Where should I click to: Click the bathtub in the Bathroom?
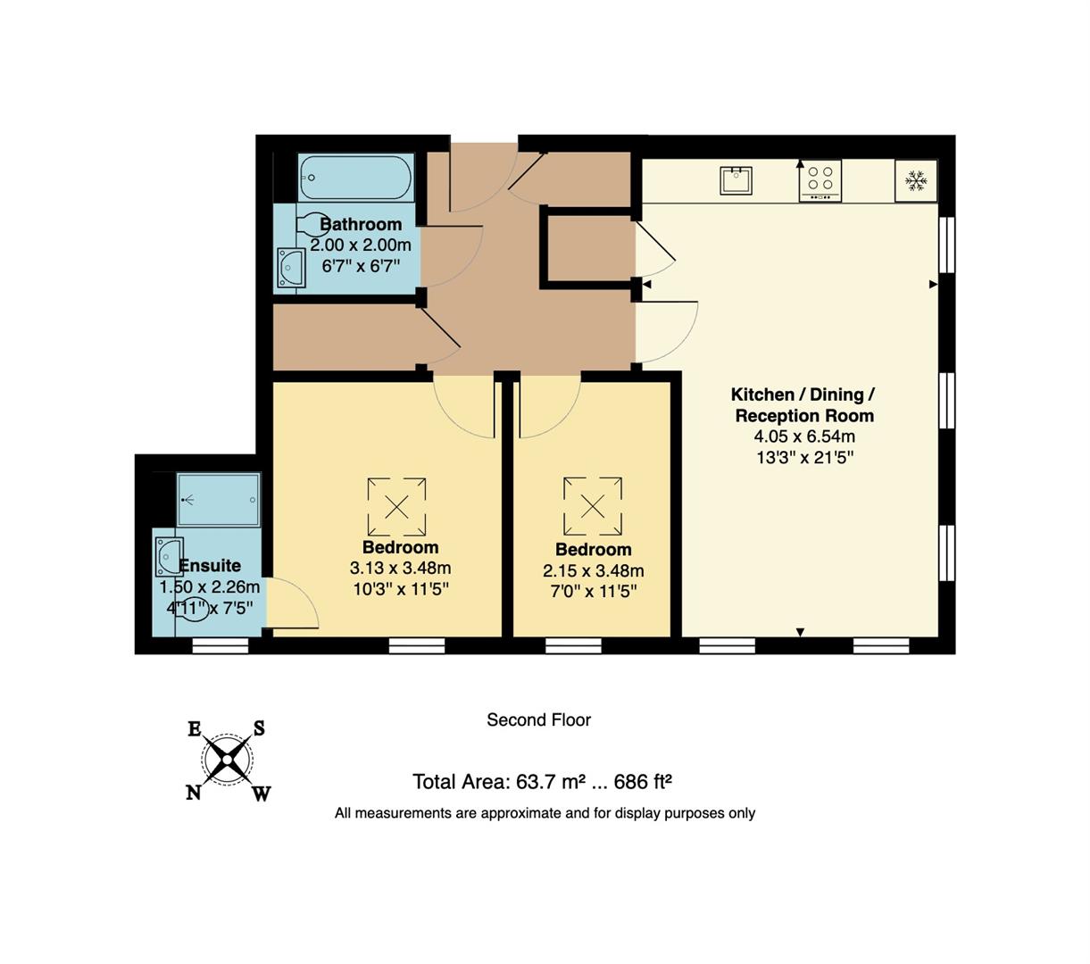[355, 179]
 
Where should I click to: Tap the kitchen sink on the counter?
[736, 180]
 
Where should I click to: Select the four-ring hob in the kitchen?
[820, 180]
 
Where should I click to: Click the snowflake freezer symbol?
[915, 181]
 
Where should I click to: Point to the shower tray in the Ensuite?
[219, 500]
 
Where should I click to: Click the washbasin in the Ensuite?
[168, 557]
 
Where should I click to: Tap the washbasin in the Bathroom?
[291, 267]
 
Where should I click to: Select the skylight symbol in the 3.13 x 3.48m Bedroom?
[396, 507]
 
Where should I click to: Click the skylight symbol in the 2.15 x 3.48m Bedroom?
[592, 506]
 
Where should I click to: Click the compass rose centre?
[228, 760]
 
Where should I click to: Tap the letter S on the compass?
[259, 728]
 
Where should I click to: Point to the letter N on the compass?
[193, 793]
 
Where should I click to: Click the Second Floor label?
[538, 719]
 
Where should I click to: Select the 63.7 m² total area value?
[542, 782]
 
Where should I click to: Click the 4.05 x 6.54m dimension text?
[804, 436]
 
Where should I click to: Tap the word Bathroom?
[361, 224]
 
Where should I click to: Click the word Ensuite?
[210, 565]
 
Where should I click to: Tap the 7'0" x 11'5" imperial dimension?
[593, 591]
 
